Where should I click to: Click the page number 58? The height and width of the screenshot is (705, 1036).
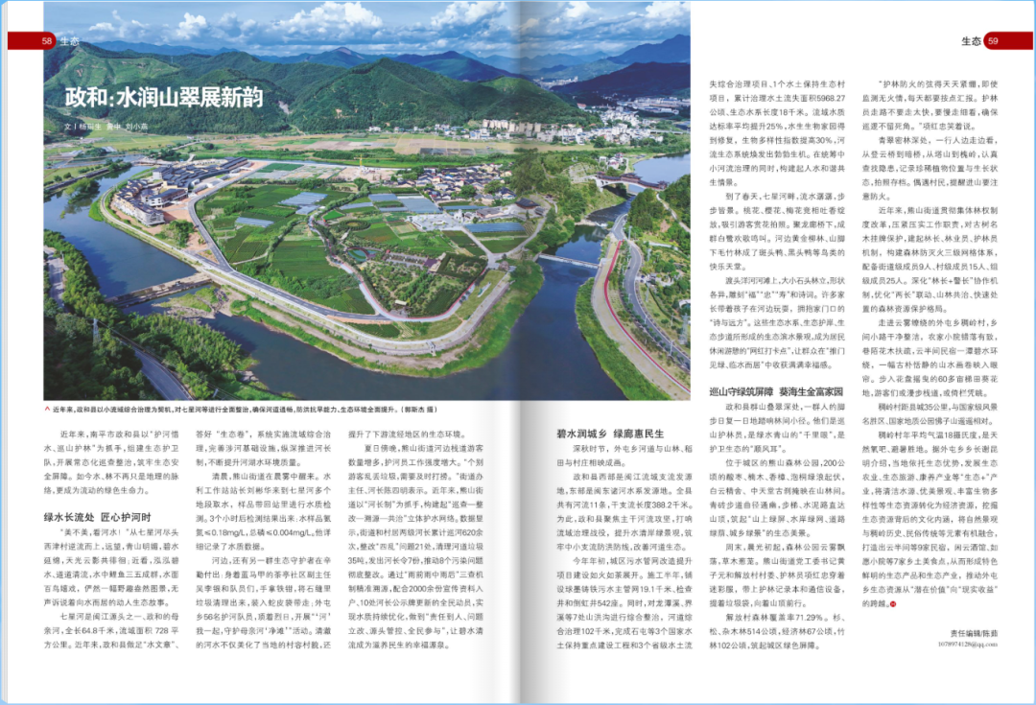pyautogui.click(x=46, y=41)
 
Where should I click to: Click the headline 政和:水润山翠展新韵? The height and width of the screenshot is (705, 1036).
pyautogui.click(x=162, y=98)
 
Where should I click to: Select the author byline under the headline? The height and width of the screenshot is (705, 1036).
pyautogui.click(x=106, y=126)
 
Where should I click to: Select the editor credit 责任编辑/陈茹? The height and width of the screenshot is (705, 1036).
pyautogui.click(x=973, y=633)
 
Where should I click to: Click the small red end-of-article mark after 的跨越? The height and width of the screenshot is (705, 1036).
pyautogui.click(x=892, y=603)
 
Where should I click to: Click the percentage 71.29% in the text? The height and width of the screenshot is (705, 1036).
pyautogui.click(x=802, y=617)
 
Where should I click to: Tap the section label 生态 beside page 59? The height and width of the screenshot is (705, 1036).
pyautogui.click(x=970, y=41)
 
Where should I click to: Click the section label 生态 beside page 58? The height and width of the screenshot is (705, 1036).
pyautogui.click(x=69, y=41)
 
